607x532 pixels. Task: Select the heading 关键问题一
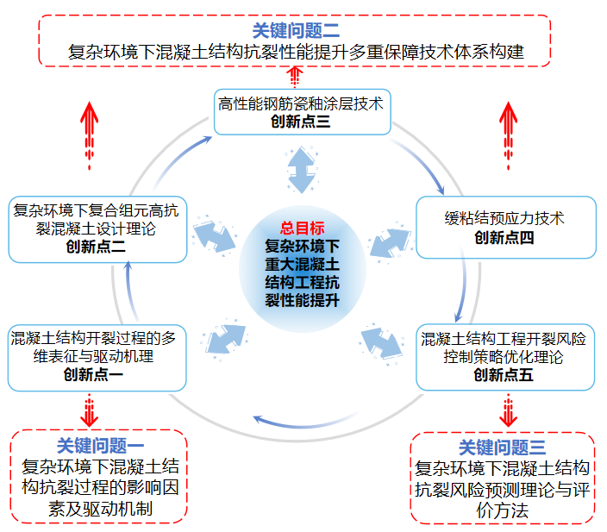99,446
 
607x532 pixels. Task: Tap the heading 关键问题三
502,448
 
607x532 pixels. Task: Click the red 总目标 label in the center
302,228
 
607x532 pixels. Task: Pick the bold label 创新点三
300,122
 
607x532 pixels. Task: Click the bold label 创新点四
504,237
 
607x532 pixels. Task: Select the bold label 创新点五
504,374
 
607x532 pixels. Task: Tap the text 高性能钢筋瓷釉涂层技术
301,104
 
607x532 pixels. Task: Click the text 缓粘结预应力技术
504,219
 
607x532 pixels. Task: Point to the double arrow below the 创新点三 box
301,170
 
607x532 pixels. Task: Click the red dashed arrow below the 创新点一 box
90,410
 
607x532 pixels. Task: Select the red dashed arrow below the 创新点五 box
510,410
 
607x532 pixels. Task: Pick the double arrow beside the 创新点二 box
215,237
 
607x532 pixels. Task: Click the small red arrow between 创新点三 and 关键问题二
296,77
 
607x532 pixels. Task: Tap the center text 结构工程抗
303,281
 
